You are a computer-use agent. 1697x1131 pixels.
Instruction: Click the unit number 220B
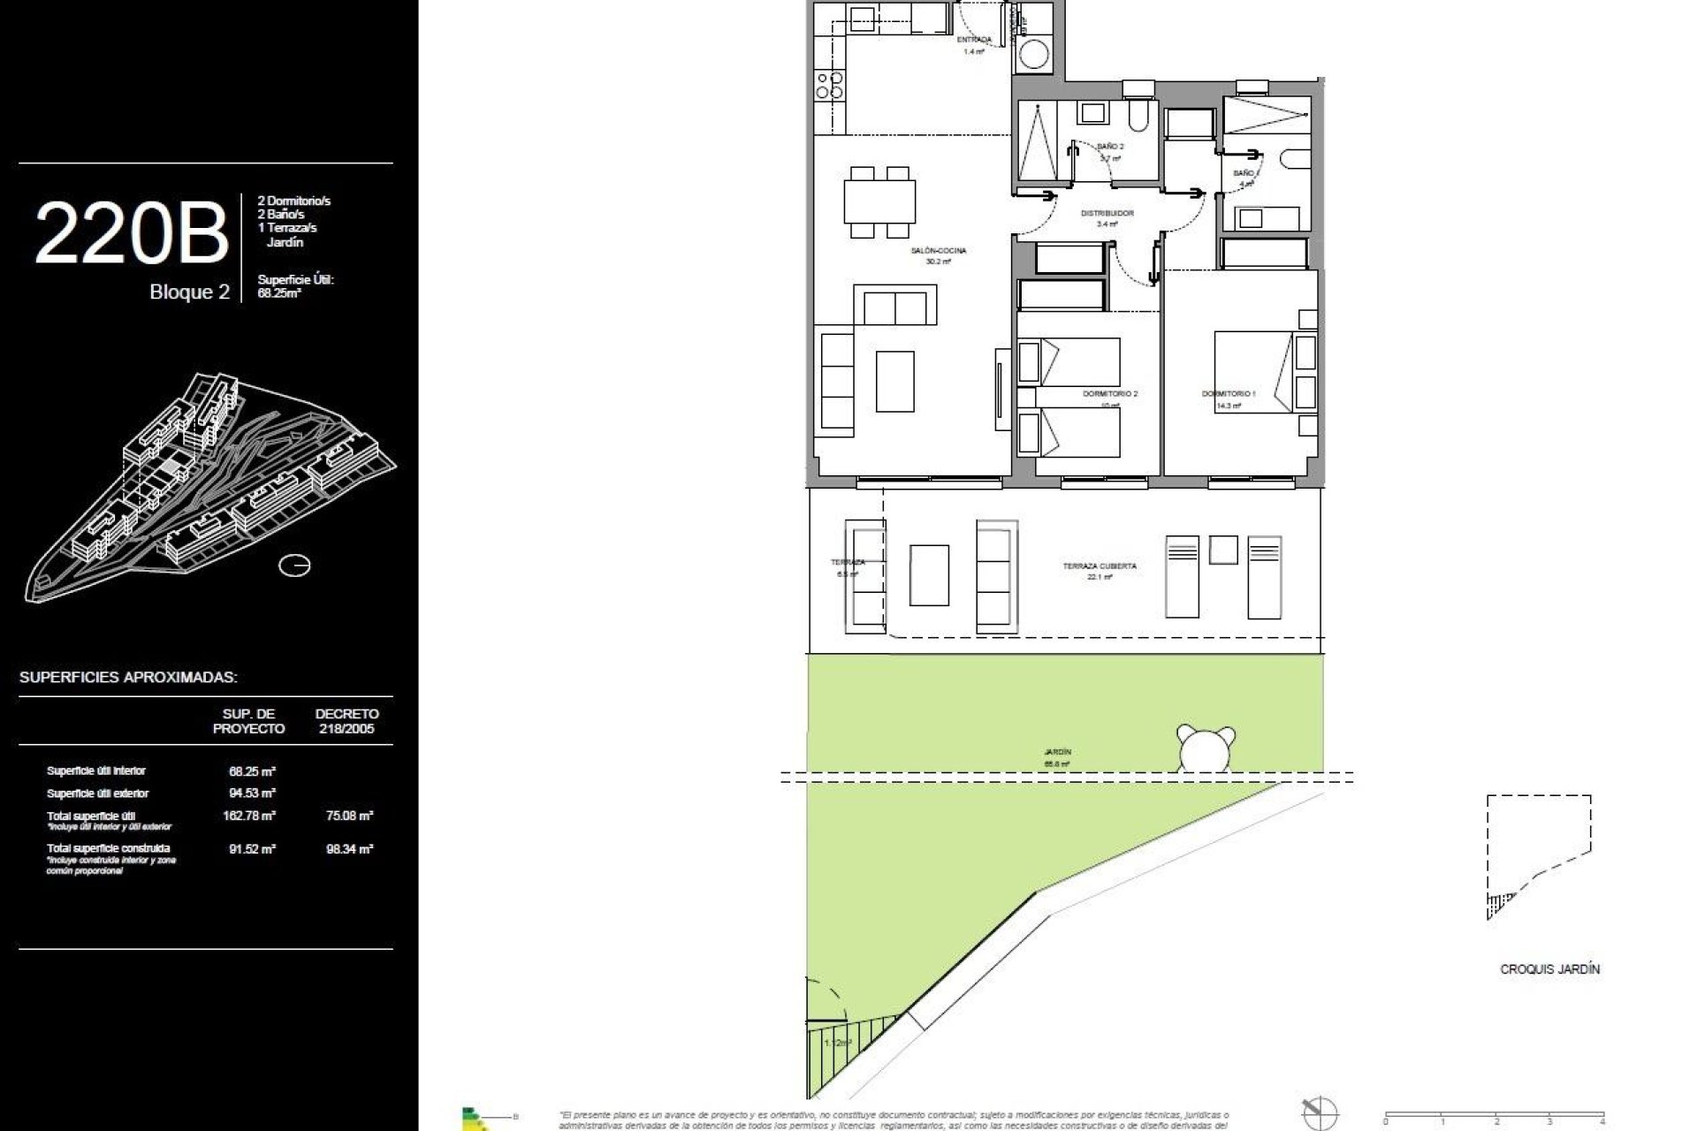tap(131, 233)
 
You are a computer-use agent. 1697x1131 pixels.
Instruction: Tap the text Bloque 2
tap(189, 292)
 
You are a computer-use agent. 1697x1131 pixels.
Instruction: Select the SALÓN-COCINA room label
tap(938, 251)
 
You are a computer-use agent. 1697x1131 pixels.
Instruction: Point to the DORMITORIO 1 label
tap(1228, 393)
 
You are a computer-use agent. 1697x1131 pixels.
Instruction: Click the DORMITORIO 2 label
tap(1110, 393)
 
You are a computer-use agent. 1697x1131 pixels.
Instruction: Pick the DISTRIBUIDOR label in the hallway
tap(1107, 214)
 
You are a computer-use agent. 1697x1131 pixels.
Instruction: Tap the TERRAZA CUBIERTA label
tap(1100, 566)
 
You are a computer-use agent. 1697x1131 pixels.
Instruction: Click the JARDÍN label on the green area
tap(1057, 753)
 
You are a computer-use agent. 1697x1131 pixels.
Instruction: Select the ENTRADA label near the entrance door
tap(974, 40)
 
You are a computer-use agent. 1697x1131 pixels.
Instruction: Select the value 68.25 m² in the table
tap(252, 771)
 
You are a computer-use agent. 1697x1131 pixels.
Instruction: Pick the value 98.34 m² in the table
tap(349, 849)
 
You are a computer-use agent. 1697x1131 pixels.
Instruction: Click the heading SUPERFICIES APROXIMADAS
tap(128, 678)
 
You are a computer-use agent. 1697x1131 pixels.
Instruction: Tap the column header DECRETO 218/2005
tap(346, 721)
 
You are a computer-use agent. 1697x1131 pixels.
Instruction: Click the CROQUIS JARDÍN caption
tap(1549, 969)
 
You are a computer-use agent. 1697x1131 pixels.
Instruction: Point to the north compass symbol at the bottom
tap(1320, 1112)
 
